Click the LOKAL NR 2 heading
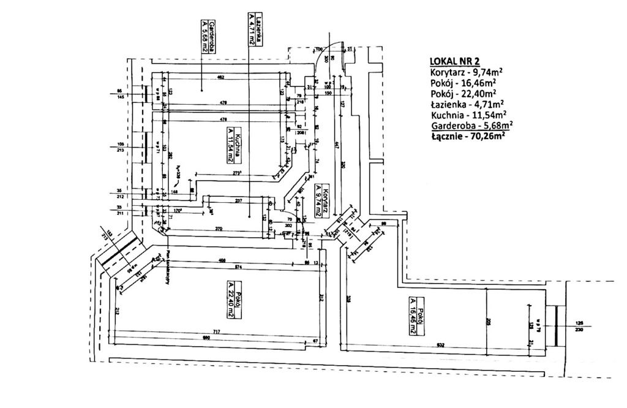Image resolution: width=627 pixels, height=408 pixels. point(455,61)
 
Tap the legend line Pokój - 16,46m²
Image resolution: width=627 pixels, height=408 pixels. point(463,83)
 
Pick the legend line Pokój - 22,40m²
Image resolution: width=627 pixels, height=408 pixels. point(463,93)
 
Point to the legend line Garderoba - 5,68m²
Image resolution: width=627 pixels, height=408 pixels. point(471,125)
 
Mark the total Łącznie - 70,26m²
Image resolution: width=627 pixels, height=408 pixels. point(467,136)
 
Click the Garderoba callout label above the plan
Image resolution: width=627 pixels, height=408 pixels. point(208,36)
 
